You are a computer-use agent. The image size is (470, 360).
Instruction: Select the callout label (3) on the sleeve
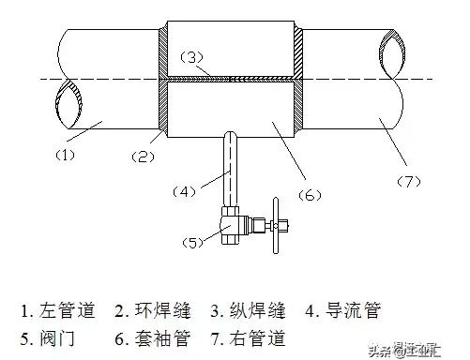point(190,57)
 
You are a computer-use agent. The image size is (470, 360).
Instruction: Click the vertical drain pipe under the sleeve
point(229,169)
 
